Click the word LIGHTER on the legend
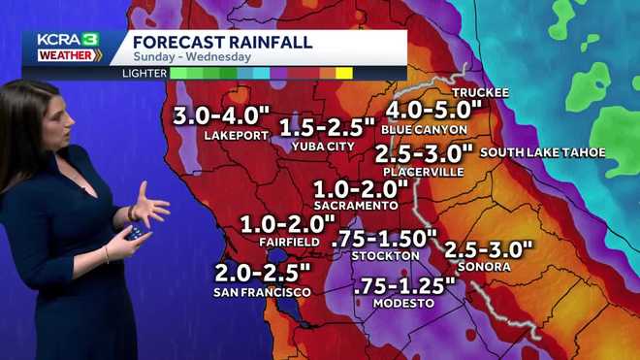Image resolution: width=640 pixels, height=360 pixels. [144, 73]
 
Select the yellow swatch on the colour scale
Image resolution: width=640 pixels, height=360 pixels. [343, 73]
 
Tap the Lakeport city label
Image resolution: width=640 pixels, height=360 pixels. [235, 136]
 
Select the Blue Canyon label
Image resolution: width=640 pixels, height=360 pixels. [425, 129]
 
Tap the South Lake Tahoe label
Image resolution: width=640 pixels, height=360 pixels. [542, 152]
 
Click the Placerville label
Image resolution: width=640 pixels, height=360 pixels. [423, 172]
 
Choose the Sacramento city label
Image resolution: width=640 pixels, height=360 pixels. [356, 206]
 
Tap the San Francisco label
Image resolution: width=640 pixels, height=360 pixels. [263, 291]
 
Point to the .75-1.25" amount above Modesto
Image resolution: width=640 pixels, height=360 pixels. [404, 285]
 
